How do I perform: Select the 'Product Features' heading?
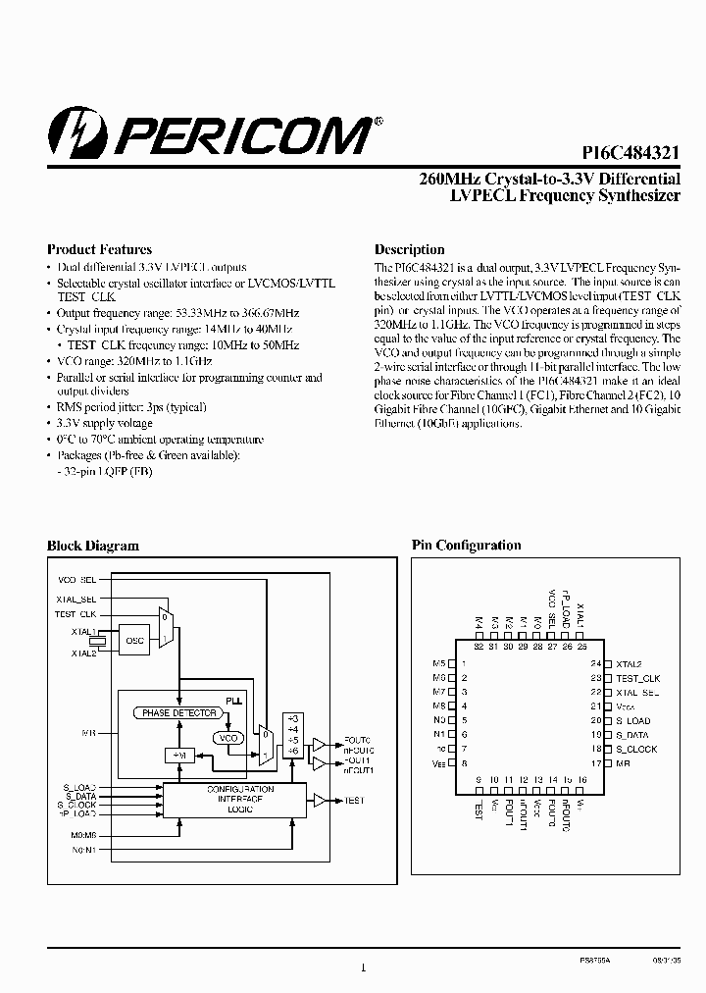point(100,249)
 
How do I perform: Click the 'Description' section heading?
point(409,249)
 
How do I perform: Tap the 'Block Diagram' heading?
point(93,546)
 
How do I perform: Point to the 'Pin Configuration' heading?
point(466,546)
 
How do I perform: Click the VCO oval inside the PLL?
point(227,738)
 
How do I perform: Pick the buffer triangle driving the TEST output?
point(320,801)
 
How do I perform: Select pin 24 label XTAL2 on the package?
point(629,664)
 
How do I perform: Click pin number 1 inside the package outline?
point(462,664)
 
